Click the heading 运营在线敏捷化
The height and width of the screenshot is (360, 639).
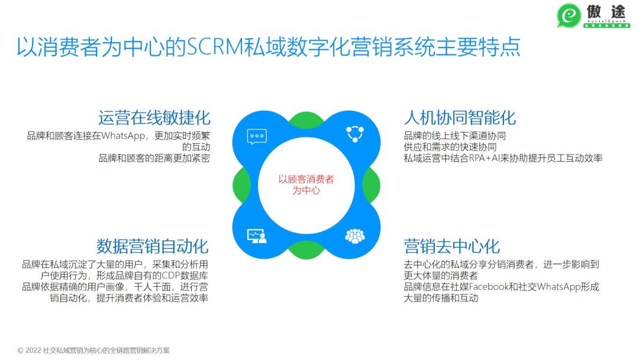(x=154, y=117)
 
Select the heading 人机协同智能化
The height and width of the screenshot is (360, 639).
(x=460, y=117)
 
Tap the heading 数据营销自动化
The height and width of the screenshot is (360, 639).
(x=153, y=246)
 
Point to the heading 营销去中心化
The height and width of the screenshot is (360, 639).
(x=452, y=246)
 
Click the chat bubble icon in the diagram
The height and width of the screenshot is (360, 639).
(x=257, y=136)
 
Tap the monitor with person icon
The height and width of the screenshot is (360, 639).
(x=257, y=236)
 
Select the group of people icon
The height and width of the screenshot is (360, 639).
(x=354, y=236)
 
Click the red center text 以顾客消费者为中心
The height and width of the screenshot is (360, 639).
(x=306, y=185)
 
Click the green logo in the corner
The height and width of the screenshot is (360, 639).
(x=569, y=17)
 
